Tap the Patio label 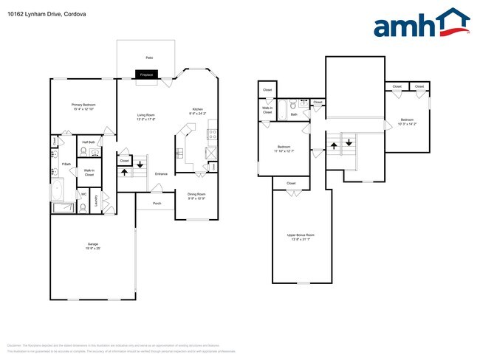[148, 57]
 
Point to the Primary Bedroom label [83, 105]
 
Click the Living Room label [145, 115]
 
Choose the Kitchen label [197, 110]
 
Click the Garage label [93, 243]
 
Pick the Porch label [157, 203]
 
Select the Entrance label [161, 173]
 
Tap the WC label [84, 194]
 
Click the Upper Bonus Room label [299, 235]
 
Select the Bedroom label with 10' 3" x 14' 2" [408, 120]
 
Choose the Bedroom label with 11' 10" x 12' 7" [283, 147]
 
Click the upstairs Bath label [293, 114]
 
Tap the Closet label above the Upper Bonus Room [291, 183]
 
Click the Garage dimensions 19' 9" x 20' [93, 248]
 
